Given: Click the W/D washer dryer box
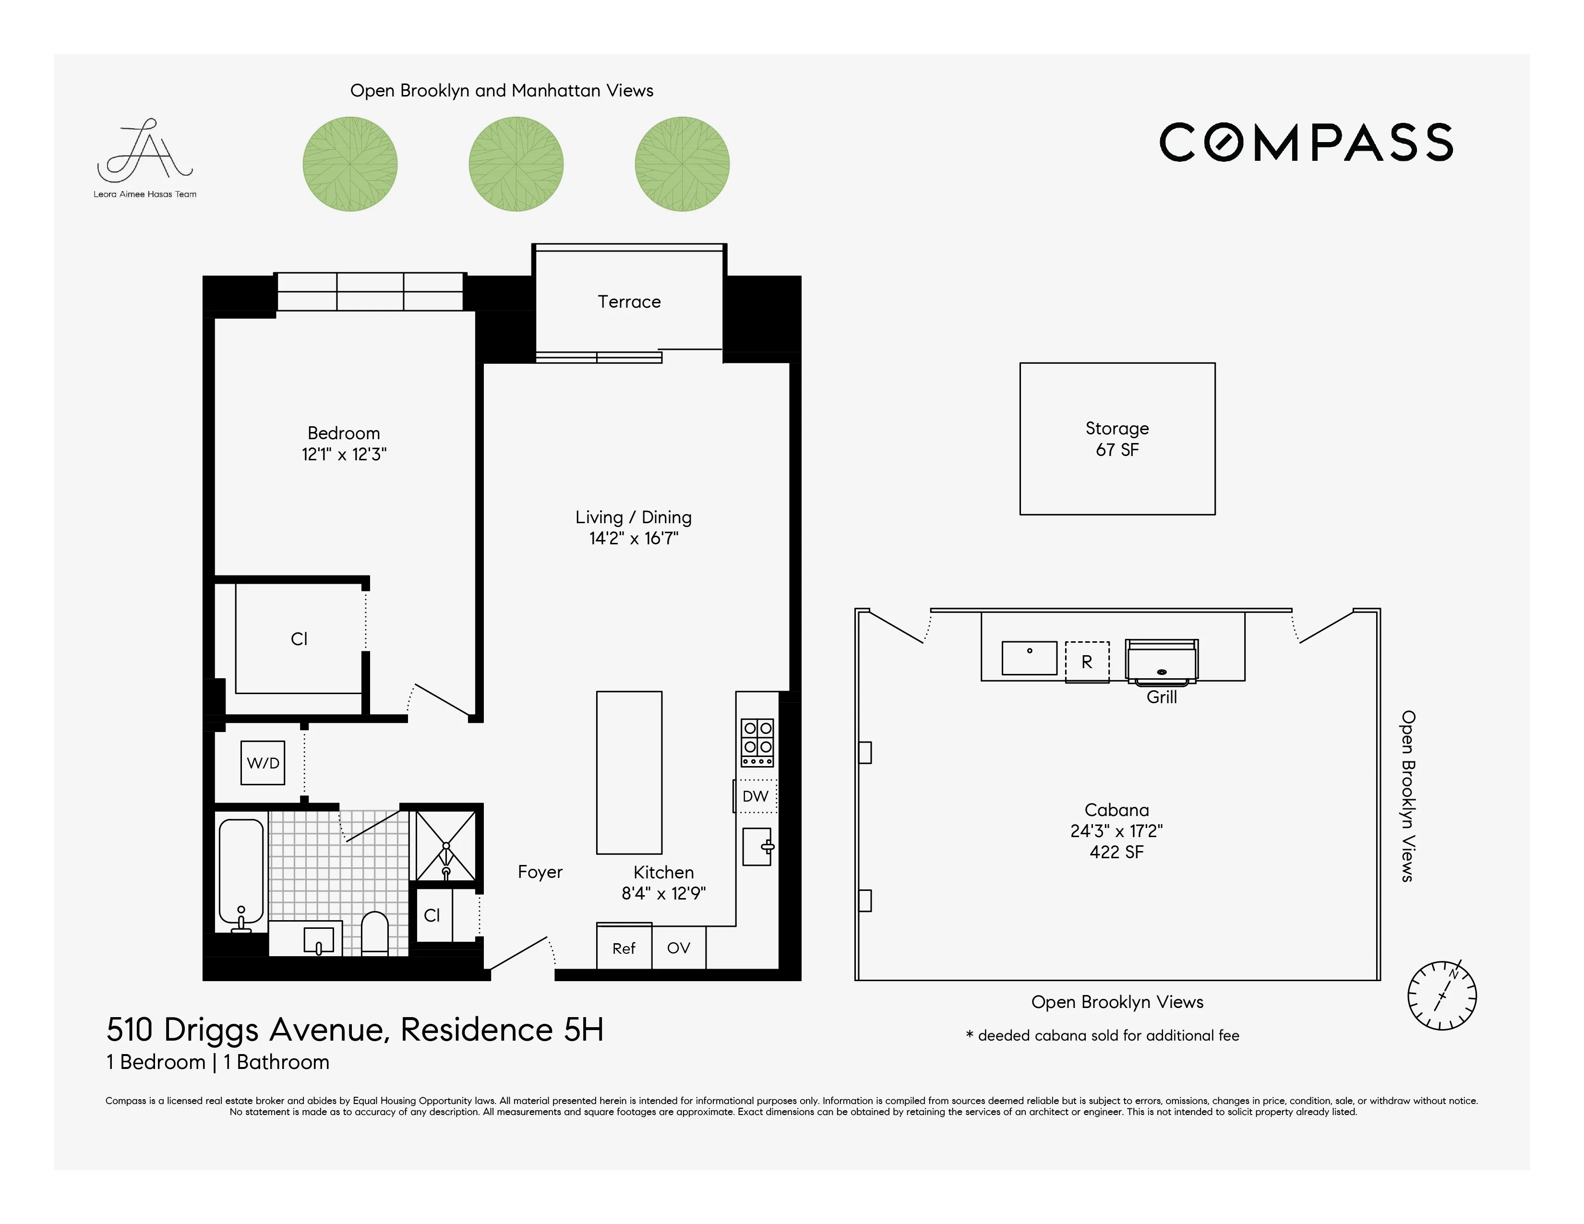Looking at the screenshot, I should click(263, 762).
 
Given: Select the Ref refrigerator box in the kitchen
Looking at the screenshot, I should click(624, 948).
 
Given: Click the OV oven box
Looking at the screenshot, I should click(678, 948).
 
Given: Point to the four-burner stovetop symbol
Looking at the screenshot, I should click(757, 742).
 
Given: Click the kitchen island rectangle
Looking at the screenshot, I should click(629, 772).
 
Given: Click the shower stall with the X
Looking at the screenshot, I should click(445, 845).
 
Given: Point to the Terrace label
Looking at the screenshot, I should click(629, 301).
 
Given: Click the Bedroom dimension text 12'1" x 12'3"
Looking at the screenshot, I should click(344, 455).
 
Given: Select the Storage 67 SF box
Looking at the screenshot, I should click(1117, 439).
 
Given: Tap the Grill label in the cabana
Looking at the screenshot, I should click(1161, 697).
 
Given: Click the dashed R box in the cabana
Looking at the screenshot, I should click(1086, 661).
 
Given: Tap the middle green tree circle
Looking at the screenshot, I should click(516, 164).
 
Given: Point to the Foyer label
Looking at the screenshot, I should click(540, 872).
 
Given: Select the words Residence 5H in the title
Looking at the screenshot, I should click(502, 1030).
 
